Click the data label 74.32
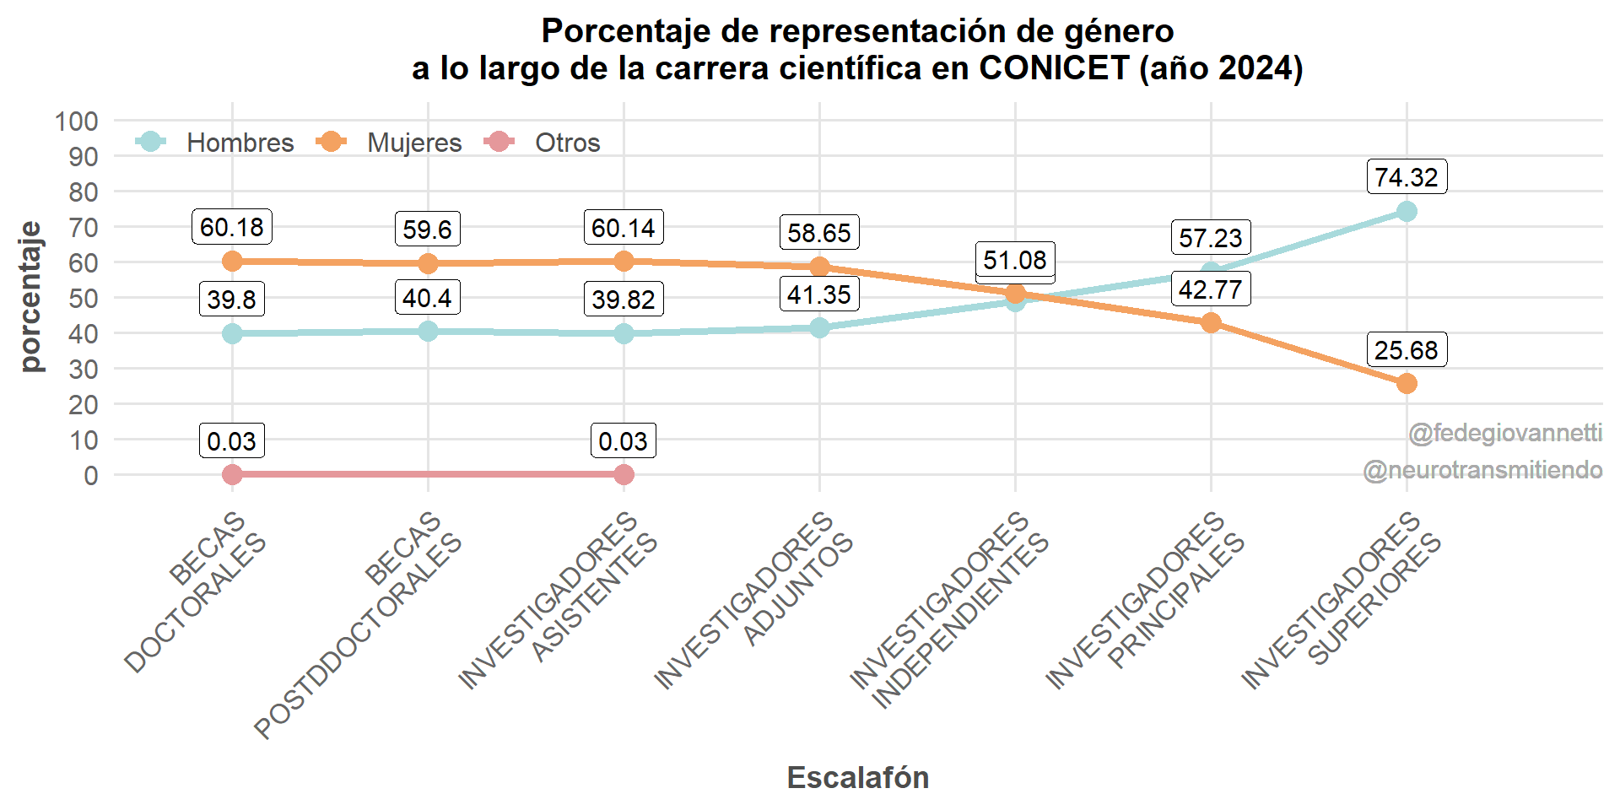(1406, 177)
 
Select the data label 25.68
(1406, 350)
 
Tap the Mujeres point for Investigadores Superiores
(1407, 384)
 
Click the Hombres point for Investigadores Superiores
(1407, 211)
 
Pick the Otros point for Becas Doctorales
(232, 475)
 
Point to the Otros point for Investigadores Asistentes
(624, 475)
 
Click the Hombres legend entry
(214, 143)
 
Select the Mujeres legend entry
(389, 143)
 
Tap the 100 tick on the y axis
(77, 121)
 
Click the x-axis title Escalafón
(857, 777)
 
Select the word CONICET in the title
(1054, 68)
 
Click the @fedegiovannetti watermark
(1505, 434)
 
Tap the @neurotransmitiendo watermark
(1482, 470)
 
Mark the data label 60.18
(232, 227)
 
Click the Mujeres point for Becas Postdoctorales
(428, 263)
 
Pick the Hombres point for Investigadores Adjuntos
(819, 327)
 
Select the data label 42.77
(1210, 289)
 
